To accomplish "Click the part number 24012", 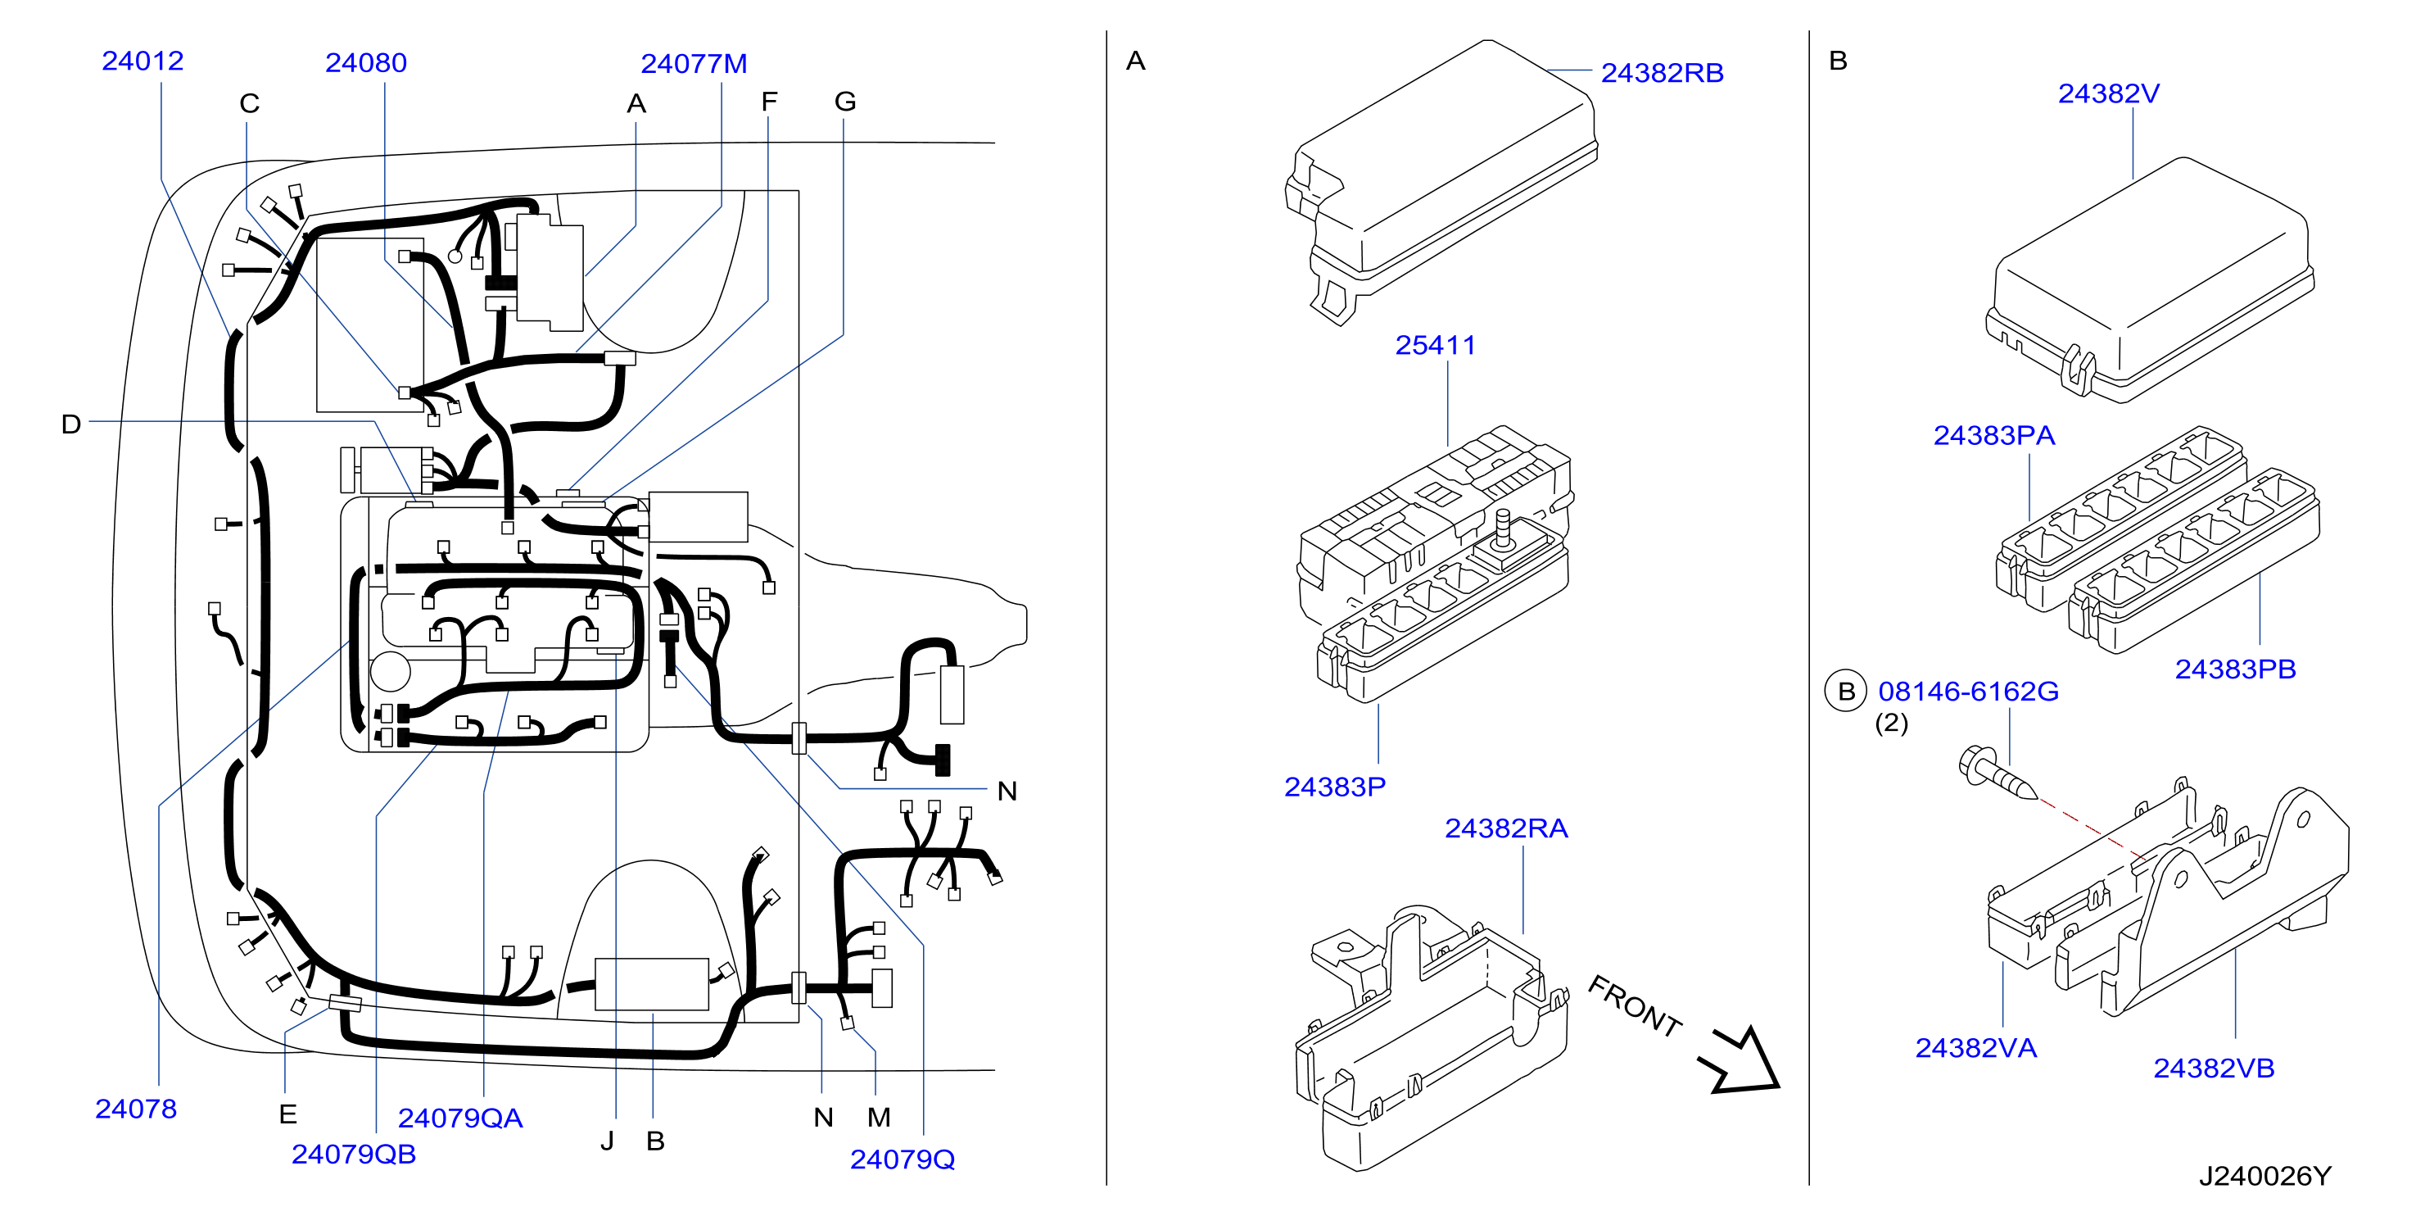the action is click(x=143, y=61).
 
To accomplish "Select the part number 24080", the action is click(x=365, y=63).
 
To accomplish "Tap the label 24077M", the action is click(x=694, y=64).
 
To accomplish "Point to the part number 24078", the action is click(x=136, y=1109).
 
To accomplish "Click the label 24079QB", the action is click(x=353, y=1154).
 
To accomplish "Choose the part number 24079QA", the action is click(x=459, y=1118).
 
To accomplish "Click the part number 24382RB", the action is click(x=1662, y=74).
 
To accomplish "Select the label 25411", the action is click(x=1435, y=346).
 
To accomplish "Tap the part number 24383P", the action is click(x=1335, y=787).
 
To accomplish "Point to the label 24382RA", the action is click(x=1506, y=829).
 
